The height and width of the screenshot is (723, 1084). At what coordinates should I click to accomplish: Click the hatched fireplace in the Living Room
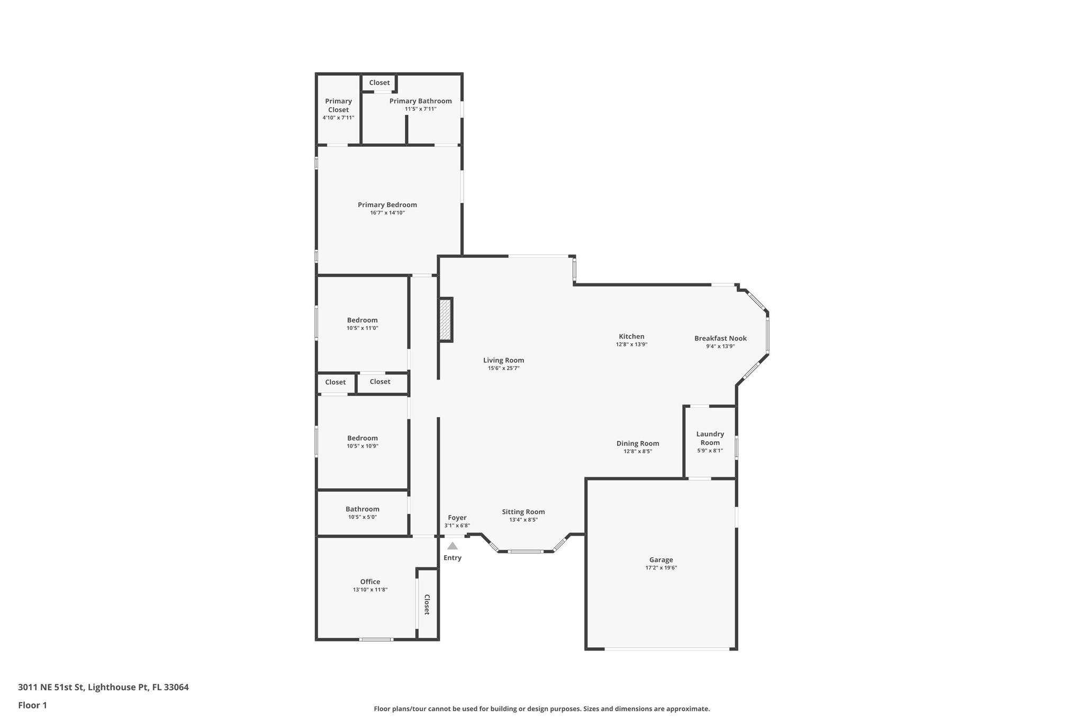[x=446, y=320]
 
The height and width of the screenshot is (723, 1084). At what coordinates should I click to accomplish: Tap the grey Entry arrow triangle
[x=453, y=546]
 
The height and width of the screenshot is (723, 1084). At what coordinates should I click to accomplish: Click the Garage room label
[x=661, y=560]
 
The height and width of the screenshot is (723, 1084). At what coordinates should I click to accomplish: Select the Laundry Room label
[x=710, y=438]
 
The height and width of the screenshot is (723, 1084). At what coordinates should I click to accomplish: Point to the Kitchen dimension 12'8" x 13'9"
[x=631, y=344]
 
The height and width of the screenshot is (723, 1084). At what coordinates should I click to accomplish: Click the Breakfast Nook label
[x=720, y=338]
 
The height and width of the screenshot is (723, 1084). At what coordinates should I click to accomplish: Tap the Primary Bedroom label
[x=387, y=205]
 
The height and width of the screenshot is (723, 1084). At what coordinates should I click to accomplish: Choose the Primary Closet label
[x=338, y=105]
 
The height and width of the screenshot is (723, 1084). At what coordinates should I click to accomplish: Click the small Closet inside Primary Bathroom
[x=379, y=83]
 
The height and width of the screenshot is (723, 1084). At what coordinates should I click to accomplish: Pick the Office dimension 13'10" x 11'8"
[x=370, y=590]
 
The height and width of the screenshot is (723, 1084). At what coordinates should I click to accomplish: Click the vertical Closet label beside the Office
[x=427, y=604]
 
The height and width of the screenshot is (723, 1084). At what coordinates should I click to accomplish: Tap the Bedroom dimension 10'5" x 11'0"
[x=363, y=328]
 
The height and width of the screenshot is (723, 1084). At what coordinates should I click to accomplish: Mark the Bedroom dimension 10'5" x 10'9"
[x=363, y=446]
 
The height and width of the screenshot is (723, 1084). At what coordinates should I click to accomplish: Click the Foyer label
[x=457, y=518]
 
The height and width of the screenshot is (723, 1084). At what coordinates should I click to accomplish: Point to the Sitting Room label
[x=523, y=512]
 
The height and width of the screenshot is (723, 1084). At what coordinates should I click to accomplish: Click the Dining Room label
[x=638, y=444]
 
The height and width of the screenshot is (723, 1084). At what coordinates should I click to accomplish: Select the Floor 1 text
[x=32, y=705]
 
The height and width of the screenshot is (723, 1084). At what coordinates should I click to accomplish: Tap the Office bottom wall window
[x=376, y=639]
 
